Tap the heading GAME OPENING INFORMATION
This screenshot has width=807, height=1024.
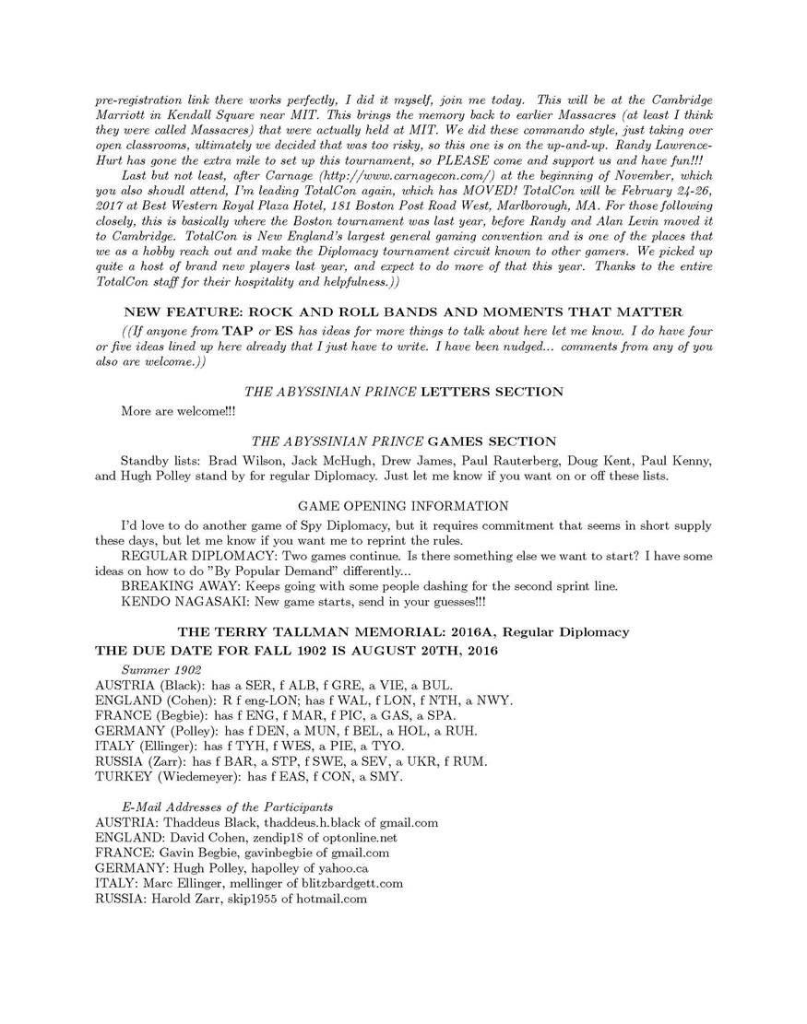click(x=403, y=506)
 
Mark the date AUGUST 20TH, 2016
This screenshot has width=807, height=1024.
click(x=420, y=651)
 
